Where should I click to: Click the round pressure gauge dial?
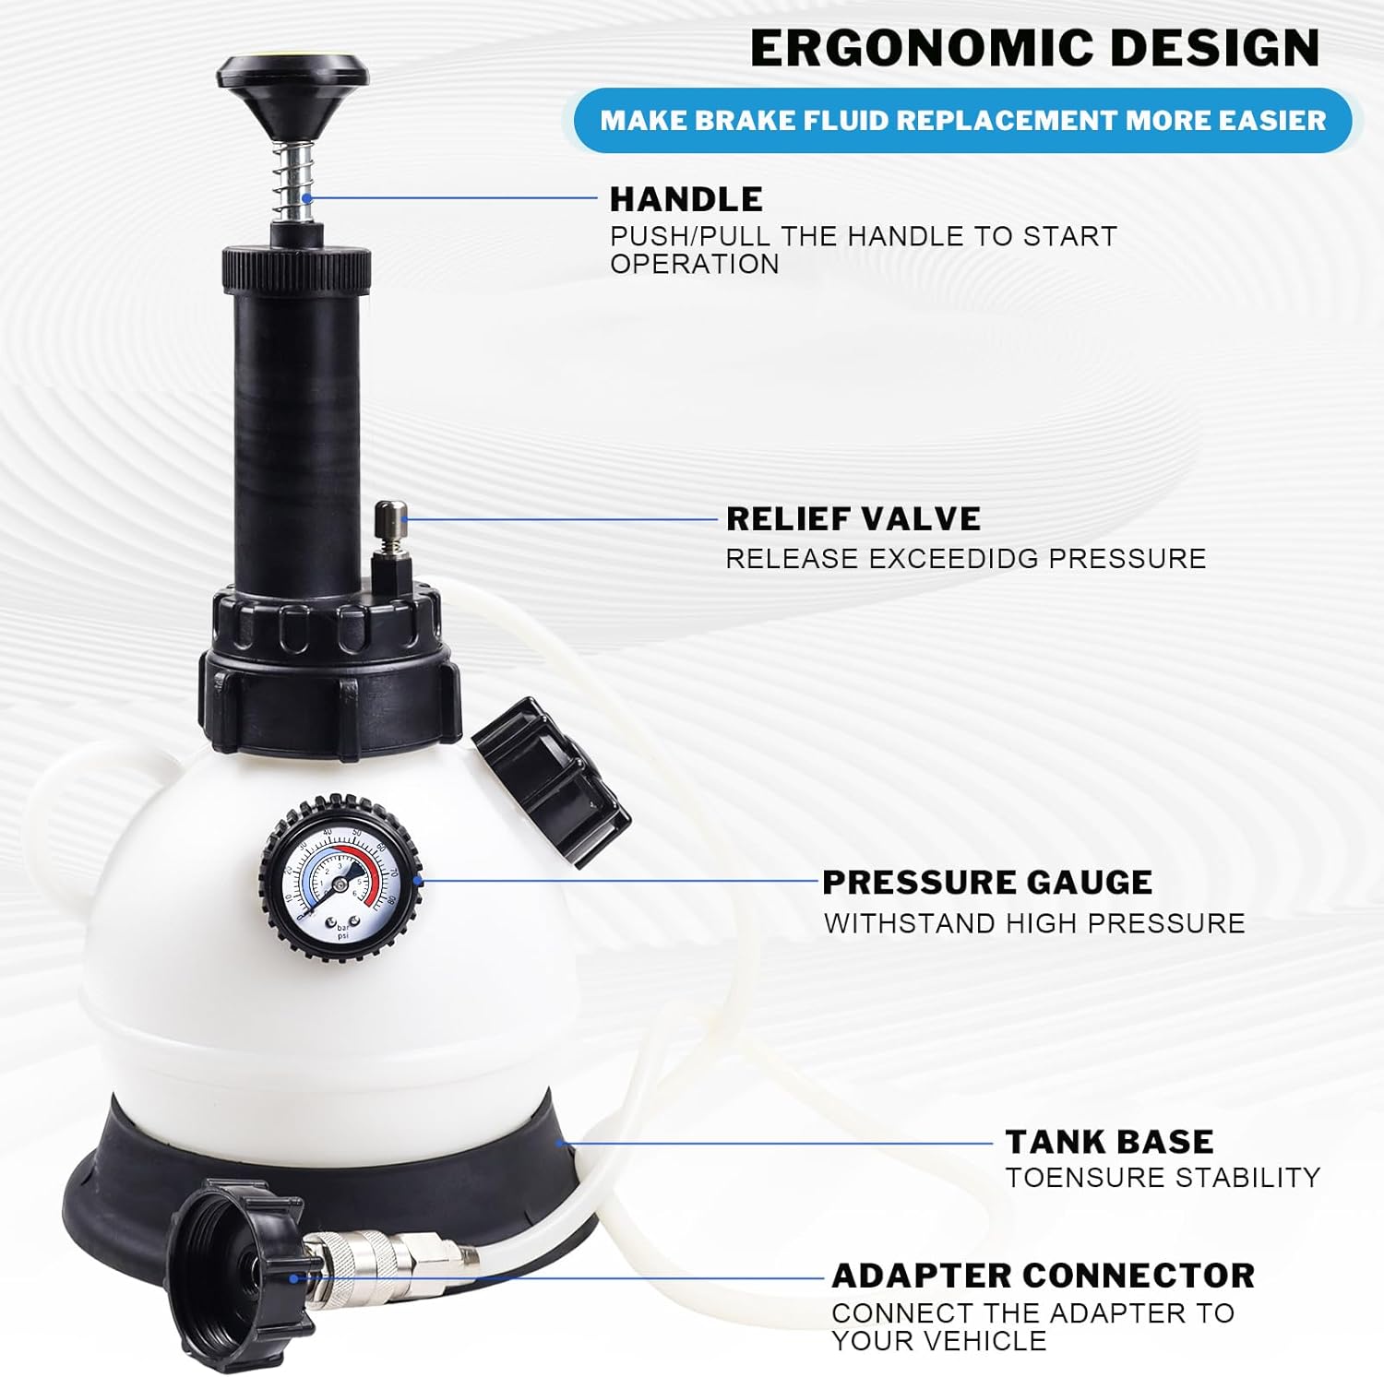[x=340, y=879]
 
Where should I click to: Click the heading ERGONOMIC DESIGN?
[x=1034, y=48]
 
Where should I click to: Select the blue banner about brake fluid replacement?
[x=962, y=120]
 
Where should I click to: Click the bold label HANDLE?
[x=686, y=199]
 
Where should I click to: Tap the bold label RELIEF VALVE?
[x=853, y=518]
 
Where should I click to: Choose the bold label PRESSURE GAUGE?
[x=986, y=883]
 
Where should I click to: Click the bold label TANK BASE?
[x=1109, y=1142]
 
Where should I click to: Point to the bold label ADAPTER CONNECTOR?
[x=1043, y=1276]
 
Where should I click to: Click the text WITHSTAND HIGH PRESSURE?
[x=1034, y=923]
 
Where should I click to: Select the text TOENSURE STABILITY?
[x=1163, y=1178]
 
